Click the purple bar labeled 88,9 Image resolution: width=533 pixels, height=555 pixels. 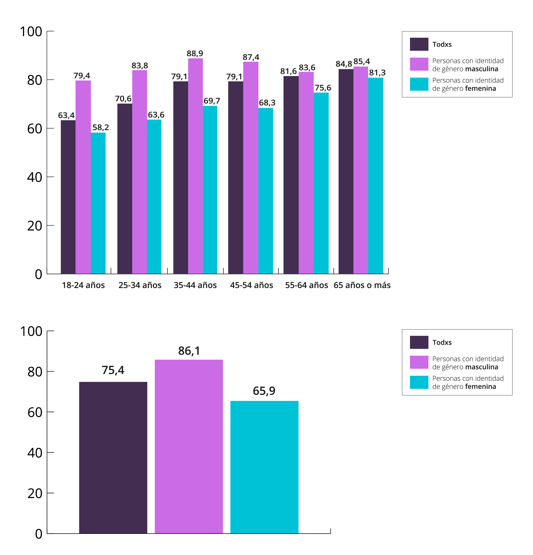tap(195, 166)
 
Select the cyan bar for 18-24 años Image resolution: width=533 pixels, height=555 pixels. tap(98, 203)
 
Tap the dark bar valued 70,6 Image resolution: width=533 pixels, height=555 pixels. tap(125, 189)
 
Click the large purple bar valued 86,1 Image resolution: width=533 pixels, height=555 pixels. tap(189, 447)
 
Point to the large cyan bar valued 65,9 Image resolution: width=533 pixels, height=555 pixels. tap(264, 467)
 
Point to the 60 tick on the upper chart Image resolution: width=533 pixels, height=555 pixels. tap(35, 129)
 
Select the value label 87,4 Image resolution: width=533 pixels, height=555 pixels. tap(251, 57)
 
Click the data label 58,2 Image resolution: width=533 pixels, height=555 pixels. tap(101, 127)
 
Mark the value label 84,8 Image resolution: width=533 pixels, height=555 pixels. tap(344, 64)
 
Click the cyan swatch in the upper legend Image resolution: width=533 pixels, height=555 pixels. tap(419, 84)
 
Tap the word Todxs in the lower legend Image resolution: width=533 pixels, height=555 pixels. tap(442, 342)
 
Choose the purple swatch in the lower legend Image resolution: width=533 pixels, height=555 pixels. tap(419, 362)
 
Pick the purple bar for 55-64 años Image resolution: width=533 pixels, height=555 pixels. tap(306, 173)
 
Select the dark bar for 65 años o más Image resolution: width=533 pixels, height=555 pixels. tap(346, 171)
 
